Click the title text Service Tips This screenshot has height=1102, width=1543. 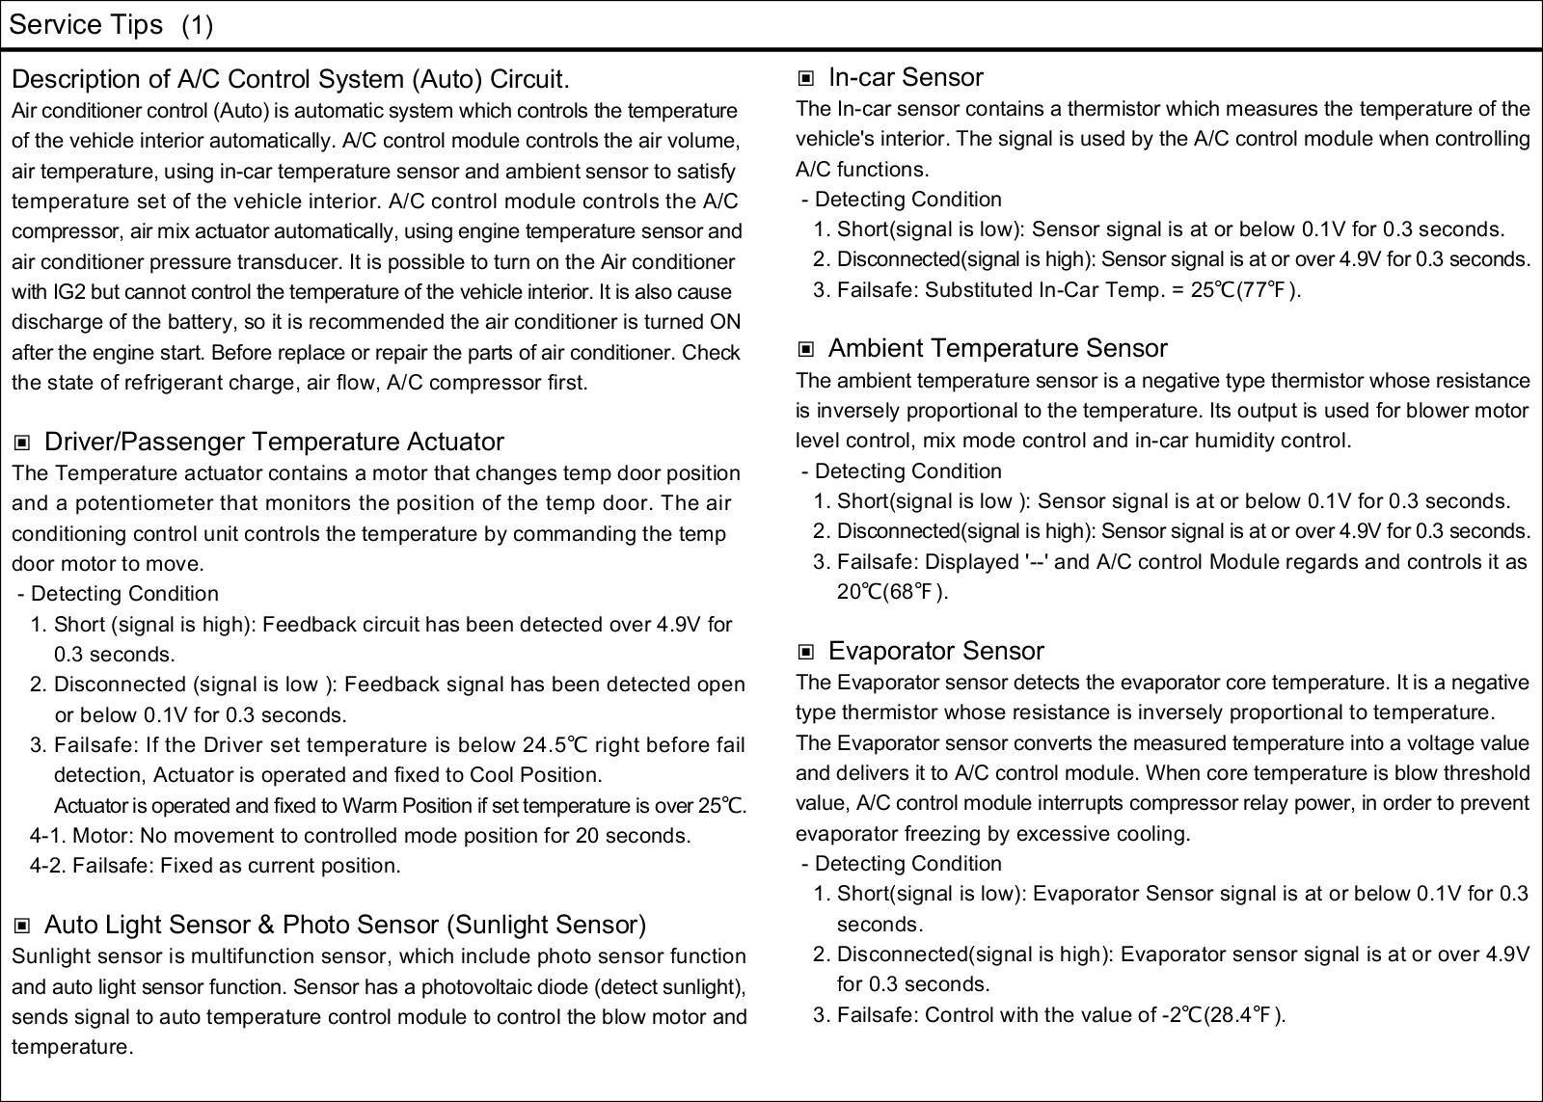[86, 25]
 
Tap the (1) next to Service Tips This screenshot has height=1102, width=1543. [197, 25]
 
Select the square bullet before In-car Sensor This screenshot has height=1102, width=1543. [806, 78]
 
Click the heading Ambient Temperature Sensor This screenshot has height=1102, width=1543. [997, 348]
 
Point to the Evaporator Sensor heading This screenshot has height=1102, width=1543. [935, 651]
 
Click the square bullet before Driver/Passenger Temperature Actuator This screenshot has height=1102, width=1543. [22, 443]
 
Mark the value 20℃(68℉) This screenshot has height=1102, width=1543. [892, 592]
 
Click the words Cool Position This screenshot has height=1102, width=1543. [535, 775]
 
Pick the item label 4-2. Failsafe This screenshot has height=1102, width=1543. [91, 866]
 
